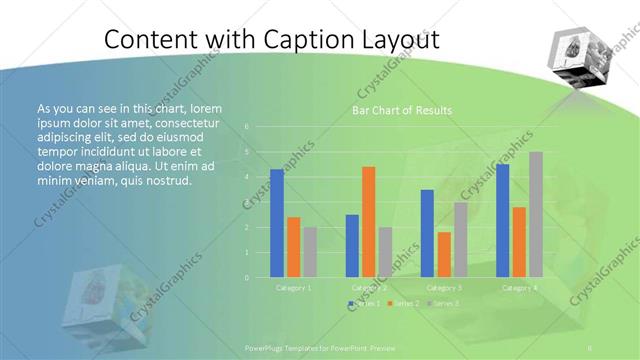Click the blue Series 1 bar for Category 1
coord(277,223)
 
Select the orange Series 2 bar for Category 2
coord(368,221)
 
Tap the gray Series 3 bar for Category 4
coord(535,214)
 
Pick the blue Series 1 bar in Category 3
coord(427,233)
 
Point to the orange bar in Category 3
coord(444,254)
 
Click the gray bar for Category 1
coord(310,251)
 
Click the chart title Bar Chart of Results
coord(400,110)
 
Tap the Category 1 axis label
coord(293,288)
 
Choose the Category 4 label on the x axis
coord(519,288)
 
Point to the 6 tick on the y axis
coord(246,128)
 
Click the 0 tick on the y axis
coord(246,277)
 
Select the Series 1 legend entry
coord(364,302)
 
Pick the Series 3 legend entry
coord(444,302)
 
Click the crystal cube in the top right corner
coord(583,61)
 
